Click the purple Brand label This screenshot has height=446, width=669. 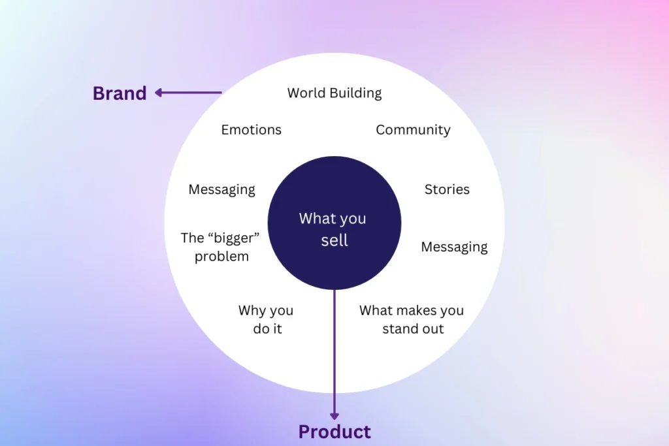pyautogui.click(x=120, y=93)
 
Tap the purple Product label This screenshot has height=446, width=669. pyautogui.click(x=334, y=432)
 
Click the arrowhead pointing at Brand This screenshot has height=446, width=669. pyautogui.click(x=158, y=93)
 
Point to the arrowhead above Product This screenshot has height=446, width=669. pyautogui.click(x=334, y=416)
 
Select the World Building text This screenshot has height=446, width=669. pyautogui.click(x=334, y=93)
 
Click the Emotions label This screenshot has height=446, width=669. pyautogui.click(x=252, y=130)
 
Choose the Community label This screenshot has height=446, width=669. pyautogui.click(x=413, y=130)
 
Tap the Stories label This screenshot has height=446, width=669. pyautogui.click(x=447, y=189)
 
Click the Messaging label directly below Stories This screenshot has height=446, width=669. pyautogui.click(x=454, y=247)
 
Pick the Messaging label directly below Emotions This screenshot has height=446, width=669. pyautogui.click(x=222, y=190)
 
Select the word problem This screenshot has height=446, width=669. pyautogui.click(x=221, y=257)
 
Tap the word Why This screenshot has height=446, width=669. pyautogui.click(x=252, y=311)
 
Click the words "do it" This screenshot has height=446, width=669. pyautogui.click(x=267, y=328)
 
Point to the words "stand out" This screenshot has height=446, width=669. pyautogui.click(x=413, y=328)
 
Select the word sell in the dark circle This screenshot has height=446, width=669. pyautogui.click(x=334, y=240)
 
